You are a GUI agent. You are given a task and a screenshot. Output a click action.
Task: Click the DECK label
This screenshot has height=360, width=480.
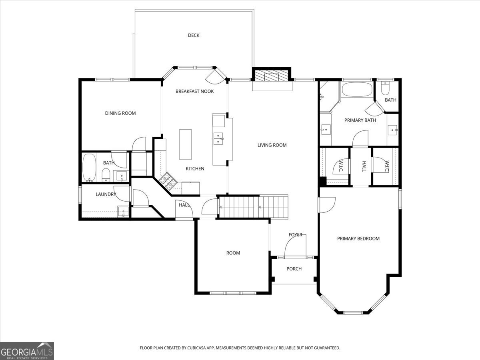pyautogui.click(x=194, y=35)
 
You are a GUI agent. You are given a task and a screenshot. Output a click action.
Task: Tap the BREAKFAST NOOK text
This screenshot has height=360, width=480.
pyautogui.click(x=195, y=91)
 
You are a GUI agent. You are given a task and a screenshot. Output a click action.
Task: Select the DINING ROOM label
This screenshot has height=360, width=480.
pyautogui.click(x=120, y=113)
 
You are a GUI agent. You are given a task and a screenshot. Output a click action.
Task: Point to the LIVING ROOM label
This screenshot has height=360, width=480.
pyautogui.click(x=272, y=145)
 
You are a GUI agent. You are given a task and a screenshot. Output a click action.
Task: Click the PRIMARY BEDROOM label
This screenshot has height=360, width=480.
pyautogui.click(x=358, y=239)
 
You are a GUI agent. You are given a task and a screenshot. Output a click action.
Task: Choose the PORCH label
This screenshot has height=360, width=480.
pyautogui.click(x=294, y=269)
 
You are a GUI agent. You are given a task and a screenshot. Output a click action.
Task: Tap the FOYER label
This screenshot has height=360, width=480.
pyautogui.click(x=295, y=235)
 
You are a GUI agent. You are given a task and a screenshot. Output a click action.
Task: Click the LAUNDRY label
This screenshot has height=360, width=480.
pyautogui.click(x=106, y=194)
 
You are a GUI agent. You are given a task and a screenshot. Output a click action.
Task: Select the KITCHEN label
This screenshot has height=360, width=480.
pyautogui.click(x=195, y=169)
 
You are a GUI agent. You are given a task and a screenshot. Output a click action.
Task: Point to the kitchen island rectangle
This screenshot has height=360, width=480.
pyautogui.click(x=186, y=144)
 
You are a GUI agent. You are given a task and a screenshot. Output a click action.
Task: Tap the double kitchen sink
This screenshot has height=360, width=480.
pyautogui.click(x=218, y=138)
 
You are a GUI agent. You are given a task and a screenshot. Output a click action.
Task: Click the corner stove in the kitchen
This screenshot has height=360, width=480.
pyautogui.click(x=167, y=181)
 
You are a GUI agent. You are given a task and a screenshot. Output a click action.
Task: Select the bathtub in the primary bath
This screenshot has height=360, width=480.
pyautogui.click(x=357, y=89)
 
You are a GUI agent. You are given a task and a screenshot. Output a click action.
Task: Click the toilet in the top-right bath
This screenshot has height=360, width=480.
pyautogui.click(x=385, y=88)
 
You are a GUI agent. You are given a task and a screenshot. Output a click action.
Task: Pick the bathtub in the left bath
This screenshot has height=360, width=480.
pyautogui.click(x=89, y=168)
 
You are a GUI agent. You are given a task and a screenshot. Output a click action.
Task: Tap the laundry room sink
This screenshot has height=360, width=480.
pyautogui.click(x=123, y=211)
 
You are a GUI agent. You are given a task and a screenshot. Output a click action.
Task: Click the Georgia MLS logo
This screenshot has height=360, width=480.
pyautogui.click(x=27, y=351)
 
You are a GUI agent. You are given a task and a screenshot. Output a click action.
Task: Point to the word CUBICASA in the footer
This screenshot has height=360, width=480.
pyautogui.click(x=196, y=348)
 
